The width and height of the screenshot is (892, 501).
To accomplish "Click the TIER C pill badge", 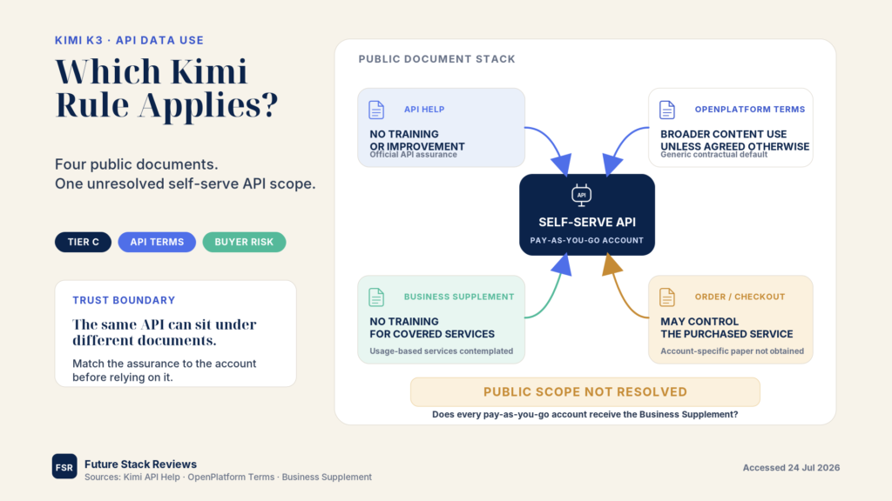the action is (83, 242).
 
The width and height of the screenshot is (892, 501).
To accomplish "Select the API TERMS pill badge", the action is (157, 242).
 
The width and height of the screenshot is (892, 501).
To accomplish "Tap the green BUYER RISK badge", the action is (244, 242).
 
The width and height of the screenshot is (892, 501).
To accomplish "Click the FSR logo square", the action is (64, 466).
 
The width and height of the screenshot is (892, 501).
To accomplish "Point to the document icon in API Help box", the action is (376, 110).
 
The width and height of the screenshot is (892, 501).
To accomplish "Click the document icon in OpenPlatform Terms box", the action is (666, 110).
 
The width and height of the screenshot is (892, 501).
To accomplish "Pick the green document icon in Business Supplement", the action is (376, 297).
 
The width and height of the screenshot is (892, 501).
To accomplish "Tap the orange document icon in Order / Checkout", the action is (666, 297).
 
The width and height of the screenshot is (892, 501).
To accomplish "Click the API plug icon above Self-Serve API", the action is (581, 195).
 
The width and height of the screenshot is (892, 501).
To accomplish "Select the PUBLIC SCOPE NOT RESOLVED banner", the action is (585, 392).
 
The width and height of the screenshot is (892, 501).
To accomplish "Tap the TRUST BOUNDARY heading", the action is (124, 300).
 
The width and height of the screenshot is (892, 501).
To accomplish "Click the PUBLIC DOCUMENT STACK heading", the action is (437, 59).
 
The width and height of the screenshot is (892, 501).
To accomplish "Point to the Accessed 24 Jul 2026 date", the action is (791, 467).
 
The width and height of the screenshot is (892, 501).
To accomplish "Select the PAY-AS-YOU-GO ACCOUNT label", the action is (587, 240).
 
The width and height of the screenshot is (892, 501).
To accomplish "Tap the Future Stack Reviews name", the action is (140, 464).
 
